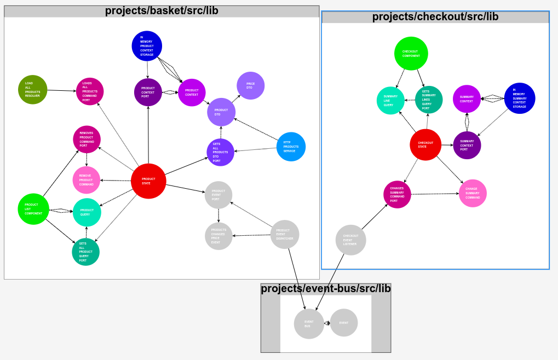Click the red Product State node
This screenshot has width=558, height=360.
(x=148, y=181)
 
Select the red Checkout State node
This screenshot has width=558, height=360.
(x=425, y=145)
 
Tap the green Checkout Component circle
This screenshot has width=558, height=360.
(x=411, y=54)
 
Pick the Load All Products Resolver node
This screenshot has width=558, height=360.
(x=33, y=90)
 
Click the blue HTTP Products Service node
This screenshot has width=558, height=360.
(x=291, y=147)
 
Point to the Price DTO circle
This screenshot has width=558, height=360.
(x=250, y=86)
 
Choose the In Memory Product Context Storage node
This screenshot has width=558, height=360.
(x=147, y=46)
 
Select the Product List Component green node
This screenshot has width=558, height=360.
(x=33, y=209)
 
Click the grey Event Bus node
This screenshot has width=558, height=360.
(x=309, y=324)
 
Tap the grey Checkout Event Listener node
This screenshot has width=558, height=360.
(x=350, y=240)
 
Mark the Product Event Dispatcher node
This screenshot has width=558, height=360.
(x=285, y=235)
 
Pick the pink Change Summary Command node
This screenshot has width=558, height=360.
(x=473, y=193)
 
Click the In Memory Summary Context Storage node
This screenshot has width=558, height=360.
(x=519, y=98)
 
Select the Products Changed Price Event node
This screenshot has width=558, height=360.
(x=218, y=236)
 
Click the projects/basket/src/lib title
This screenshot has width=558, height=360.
(x=162, y=11)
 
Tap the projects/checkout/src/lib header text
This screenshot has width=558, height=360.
(x=435, y=17)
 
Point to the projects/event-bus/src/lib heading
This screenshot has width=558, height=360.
(x=326, y=289)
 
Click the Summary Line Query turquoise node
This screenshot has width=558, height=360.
(x=390, y=101)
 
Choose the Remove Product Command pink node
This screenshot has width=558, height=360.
(x=87, y=180)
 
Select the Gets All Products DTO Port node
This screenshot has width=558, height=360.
(x=220, y=152)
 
